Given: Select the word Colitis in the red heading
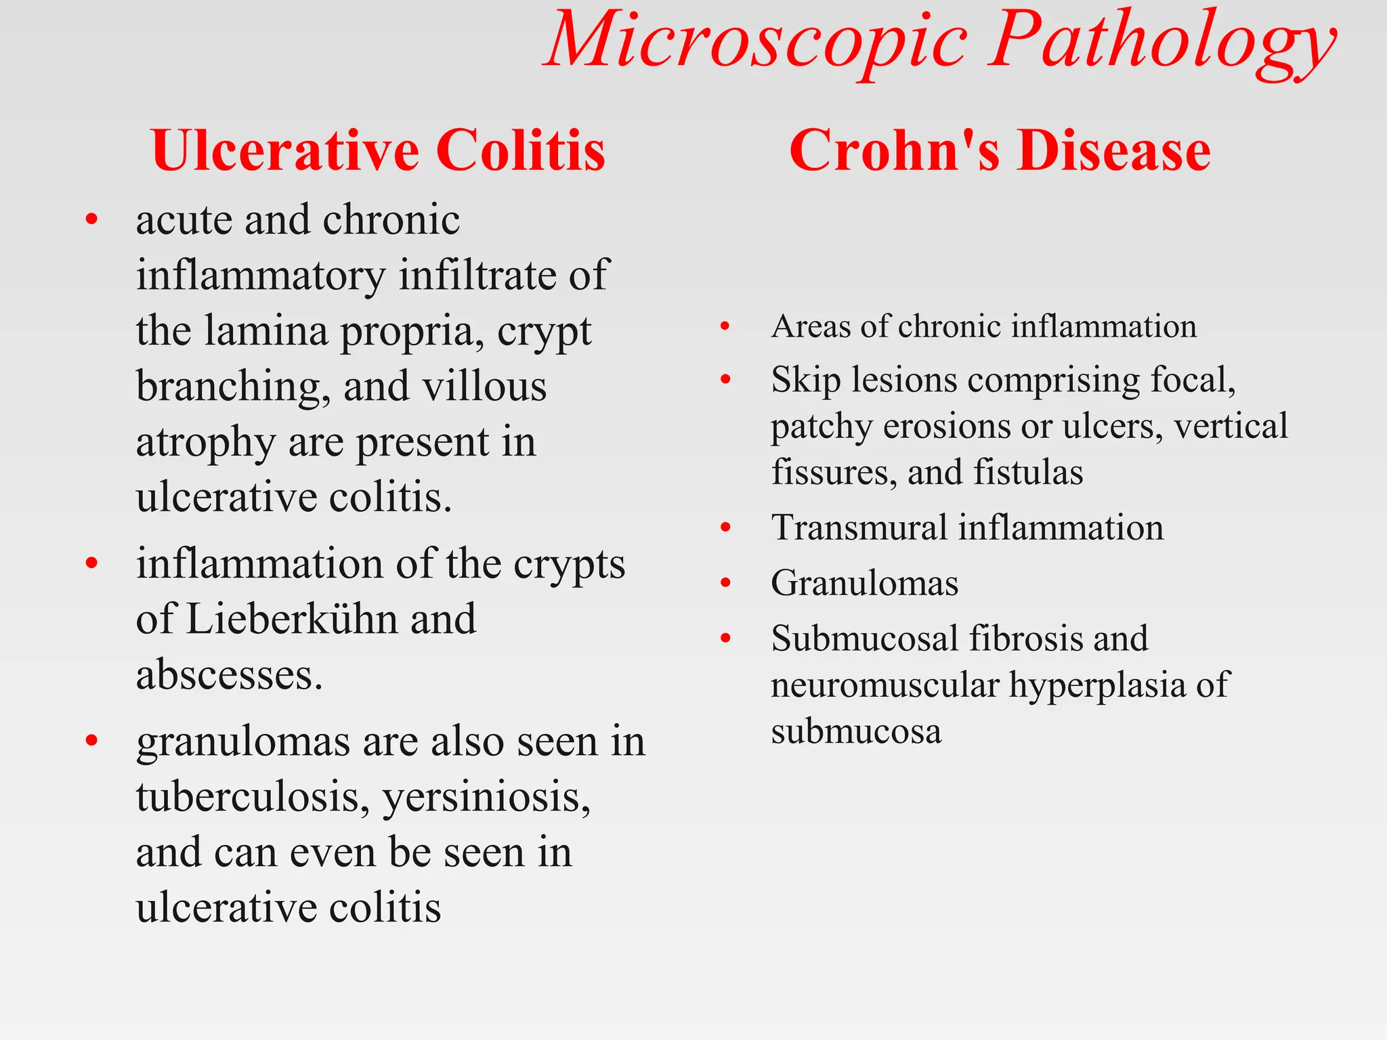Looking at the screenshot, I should click(520, 150).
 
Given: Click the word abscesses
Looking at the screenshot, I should click(230, 674).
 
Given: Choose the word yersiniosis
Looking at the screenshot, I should click(486, 797).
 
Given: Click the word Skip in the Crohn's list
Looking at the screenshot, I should click(805, 379).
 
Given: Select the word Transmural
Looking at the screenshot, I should click(859, 527).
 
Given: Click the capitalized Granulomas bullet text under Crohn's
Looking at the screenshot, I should click(864, 583).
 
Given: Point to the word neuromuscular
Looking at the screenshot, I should click(884, 685).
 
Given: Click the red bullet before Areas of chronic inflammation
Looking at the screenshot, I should click(725, 327).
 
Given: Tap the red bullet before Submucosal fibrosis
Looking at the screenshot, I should click(726, 638).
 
